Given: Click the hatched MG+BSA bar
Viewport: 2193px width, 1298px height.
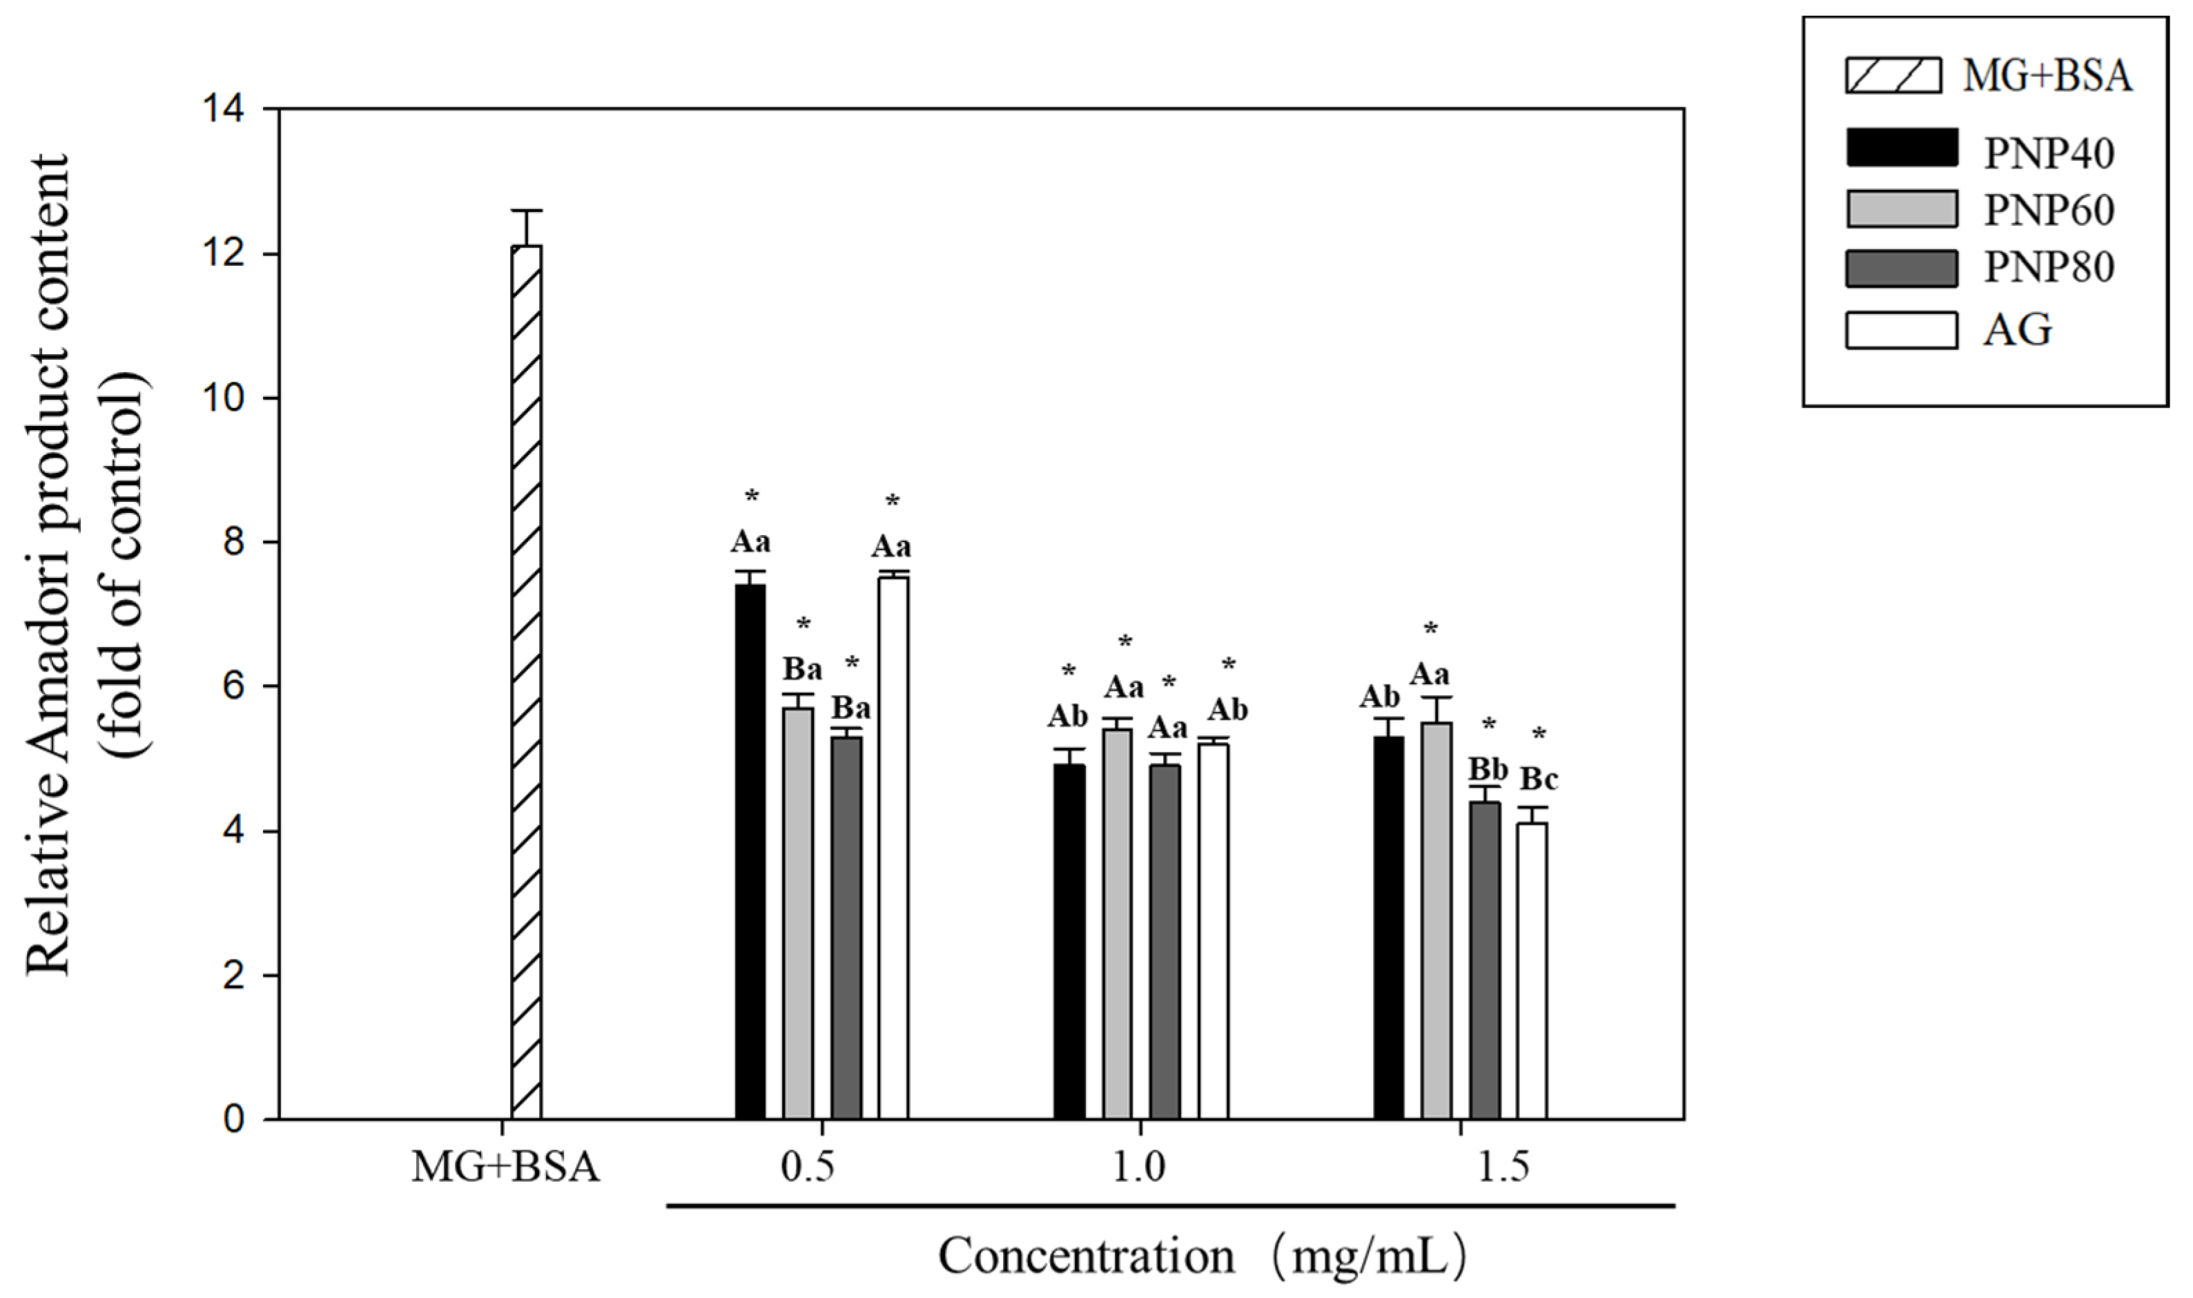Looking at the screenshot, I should click(x=527, y=682).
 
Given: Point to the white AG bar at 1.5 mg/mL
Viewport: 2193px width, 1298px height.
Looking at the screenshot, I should click(x=1532, y=971).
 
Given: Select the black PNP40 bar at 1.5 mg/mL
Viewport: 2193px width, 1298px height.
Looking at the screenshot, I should click(x=1389, y=927).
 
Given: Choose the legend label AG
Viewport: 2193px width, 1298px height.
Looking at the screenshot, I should click(x=2016, y=330).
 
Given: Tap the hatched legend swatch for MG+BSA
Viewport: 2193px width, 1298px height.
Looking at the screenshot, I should click(x=1893, y=75).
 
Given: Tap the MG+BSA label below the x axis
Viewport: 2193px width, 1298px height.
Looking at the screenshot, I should click(x=505, y=1168).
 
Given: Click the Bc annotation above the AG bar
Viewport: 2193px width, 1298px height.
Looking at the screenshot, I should click(x=1538, y=778).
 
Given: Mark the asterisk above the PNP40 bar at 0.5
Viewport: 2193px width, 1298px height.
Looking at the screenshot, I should click(x=752, y=498).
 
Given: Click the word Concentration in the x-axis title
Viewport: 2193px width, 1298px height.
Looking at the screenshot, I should click(x=1086, y=1257).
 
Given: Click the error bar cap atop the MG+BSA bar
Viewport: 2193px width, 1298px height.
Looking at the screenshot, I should click(x=527, y=211).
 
